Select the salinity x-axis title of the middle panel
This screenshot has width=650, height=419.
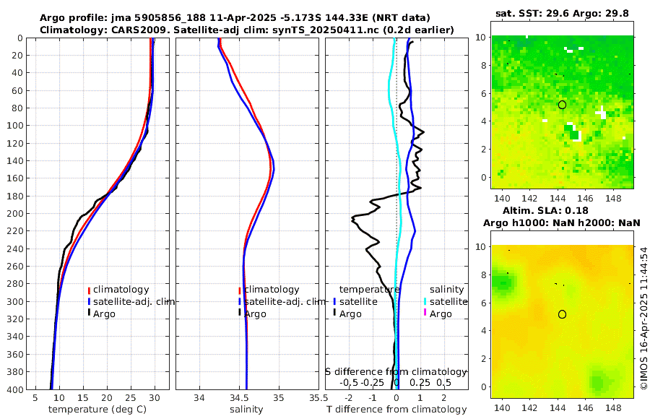[x=246, y=410]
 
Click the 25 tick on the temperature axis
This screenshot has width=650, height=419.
[x=130, y=397]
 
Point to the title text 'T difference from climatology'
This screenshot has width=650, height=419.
[x=396, y=410]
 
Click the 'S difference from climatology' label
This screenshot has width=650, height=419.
[x=396, y=371]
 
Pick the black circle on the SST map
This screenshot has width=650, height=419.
[x=562, y=105]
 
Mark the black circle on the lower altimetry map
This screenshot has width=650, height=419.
[x=562, y=314]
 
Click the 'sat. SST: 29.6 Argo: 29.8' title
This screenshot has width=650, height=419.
[x=561, y=13]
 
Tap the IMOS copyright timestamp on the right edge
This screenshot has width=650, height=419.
[x=643, y=319]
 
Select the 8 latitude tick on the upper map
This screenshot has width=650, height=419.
[x=485, y=65]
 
